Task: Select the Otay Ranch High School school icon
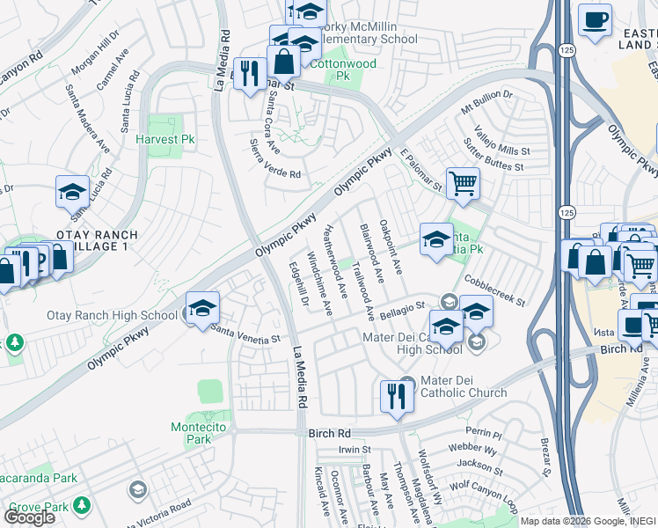pos(202,308)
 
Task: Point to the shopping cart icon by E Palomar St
pos(462,184)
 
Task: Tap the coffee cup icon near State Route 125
pos(595,20)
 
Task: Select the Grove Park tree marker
pos(82,505)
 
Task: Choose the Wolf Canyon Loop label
pos(482,492)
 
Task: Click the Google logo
pos(29,517)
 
